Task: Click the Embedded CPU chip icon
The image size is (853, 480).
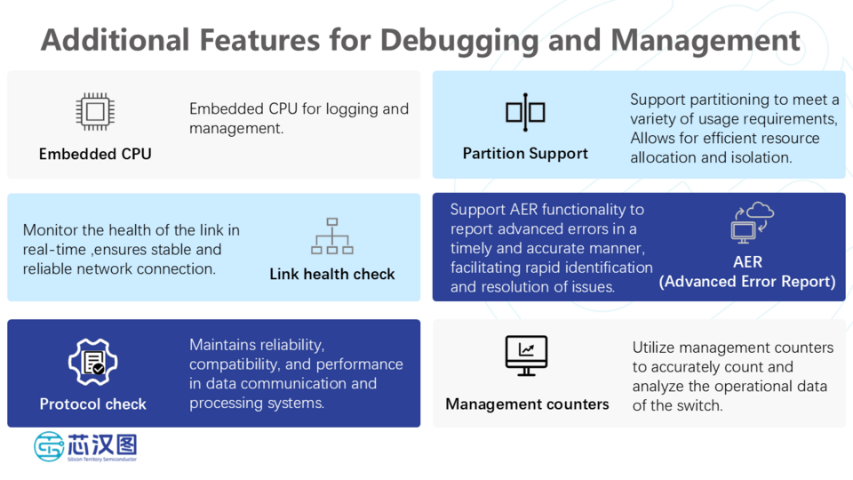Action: [x=94, y=113]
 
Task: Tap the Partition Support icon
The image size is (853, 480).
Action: [x=525, y=113]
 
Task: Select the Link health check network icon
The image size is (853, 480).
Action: [x=332, y=236]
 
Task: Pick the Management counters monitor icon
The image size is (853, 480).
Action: [x=526, y=356]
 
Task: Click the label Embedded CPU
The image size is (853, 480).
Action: [x=95, y=154]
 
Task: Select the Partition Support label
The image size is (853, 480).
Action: [x=525, y=154]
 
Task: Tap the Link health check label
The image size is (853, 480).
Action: [x=332, y=274]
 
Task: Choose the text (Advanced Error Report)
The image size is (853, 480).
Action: [x=747, y=282]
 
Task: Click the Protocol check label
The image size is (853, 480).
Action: [x=92, y=404]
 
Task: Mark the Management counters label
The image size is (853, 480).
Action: [x=527, y=404]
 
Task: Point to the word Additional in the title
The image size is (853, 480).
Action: [x=116, y=41]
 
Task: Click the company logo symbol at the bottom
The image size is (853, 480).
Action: [x=49, y=446]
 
